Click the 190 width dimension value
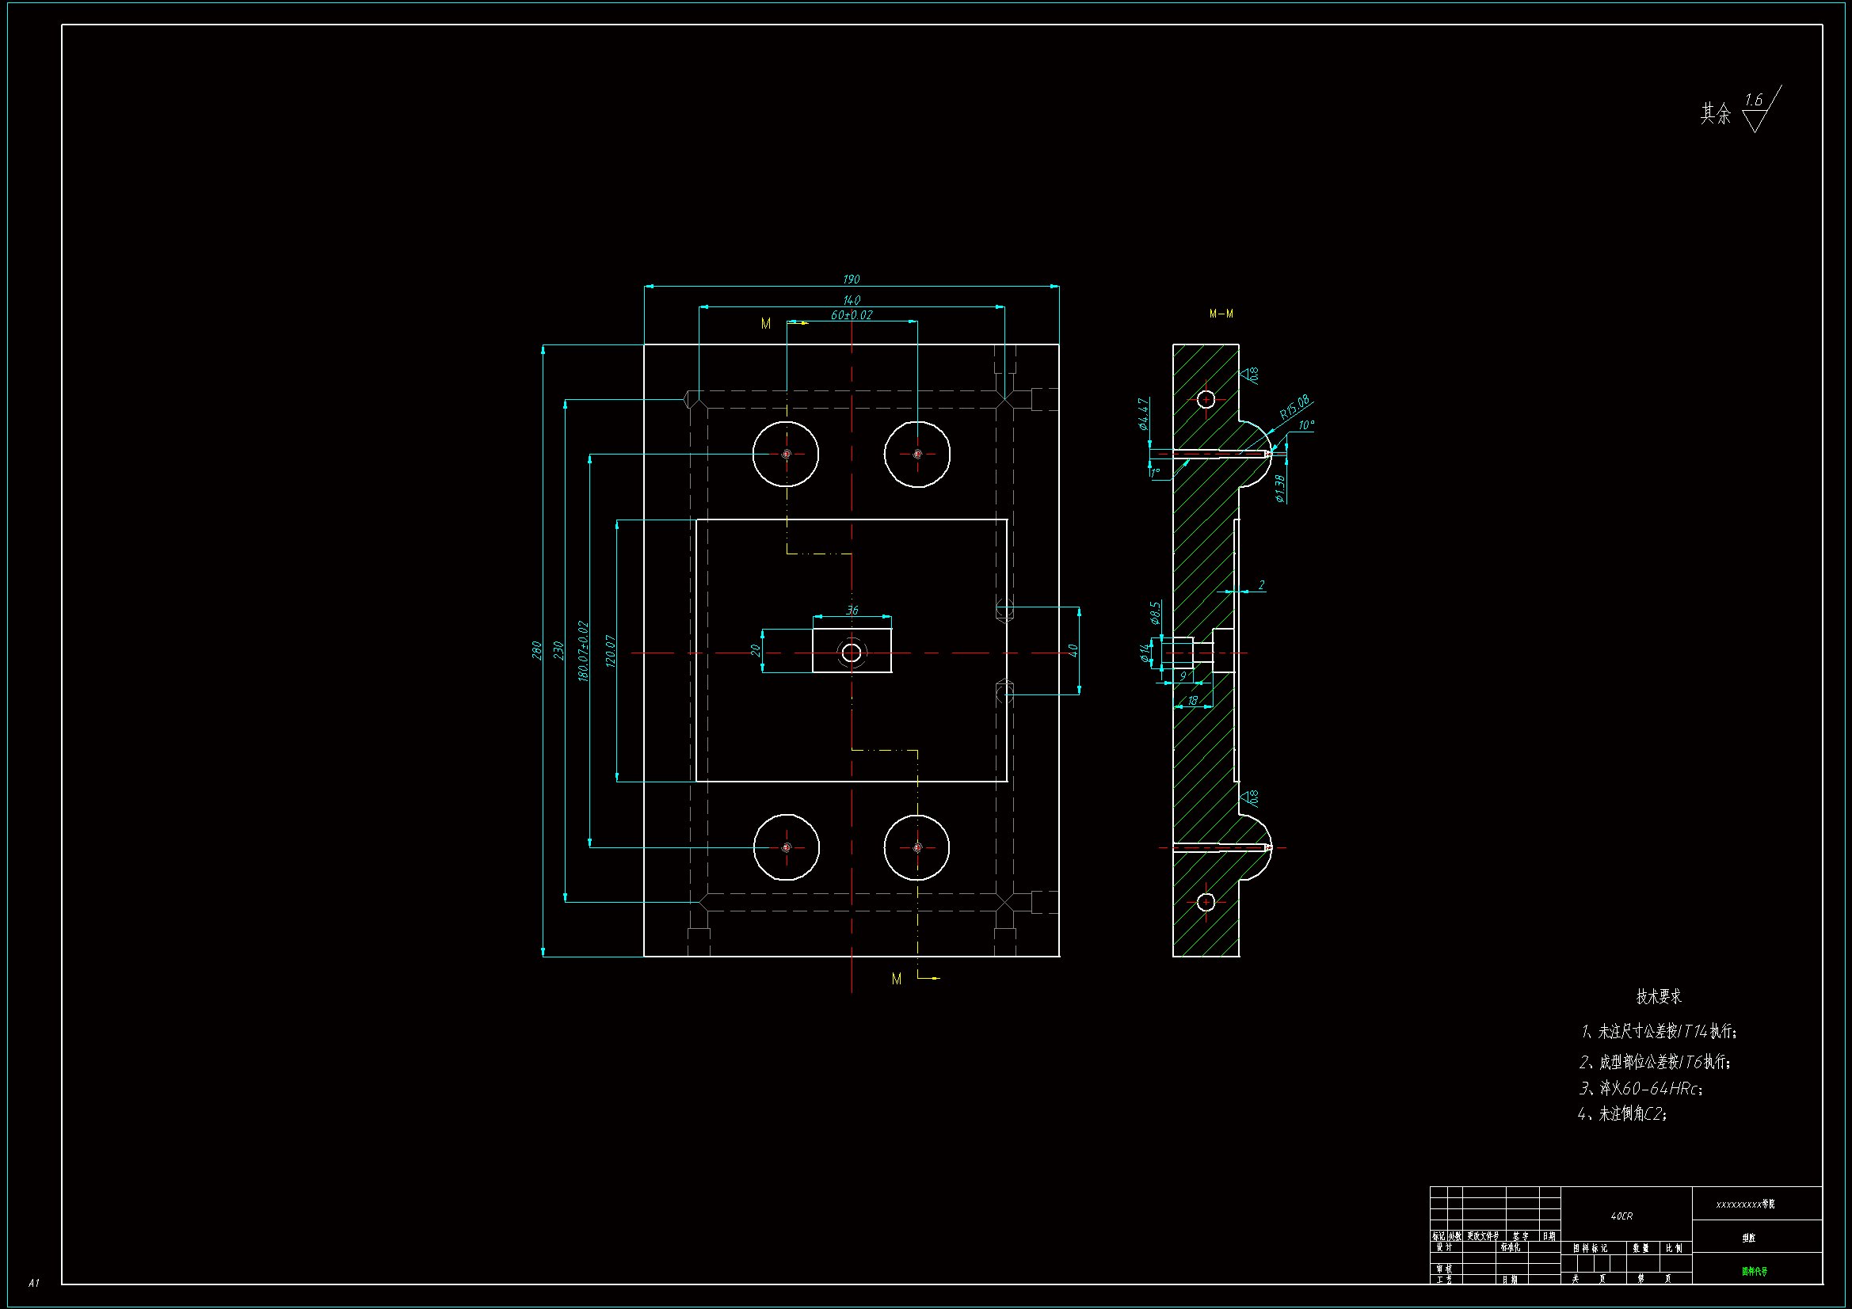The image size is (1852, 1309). coord(851,279)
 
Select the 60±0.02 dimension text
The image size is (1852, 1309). coord(851,314)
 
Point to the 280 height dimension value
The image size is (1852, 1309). coord(536,650)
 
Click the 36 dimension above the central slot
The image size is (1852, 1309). coord(852,611)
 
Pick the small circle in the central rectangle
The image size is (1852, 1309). coord(851,653)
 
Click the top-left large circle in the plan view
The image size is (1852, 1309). coord(786,454)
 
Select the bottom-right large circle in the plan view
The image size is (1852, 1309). coord(916,847)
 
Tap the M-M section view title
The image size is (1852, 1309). coord(1221,314)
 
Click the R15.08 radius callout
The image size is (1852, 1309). coord(1294,407)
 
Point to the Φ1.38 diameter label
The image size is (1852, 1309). coord(1279,488)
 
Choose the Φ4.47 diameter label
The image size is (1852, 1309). coord(1143,413)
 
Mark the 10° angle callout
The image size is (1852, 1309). coord(1306,425)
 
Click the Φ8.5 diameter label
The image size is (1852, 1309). coord(1155,612)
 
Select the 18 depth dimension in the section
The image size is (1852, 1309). coord(1192,701)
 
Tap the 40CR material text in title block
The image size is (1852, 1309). coord(1621,1216)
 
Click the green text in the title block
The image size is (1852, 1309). coord(1754,1271)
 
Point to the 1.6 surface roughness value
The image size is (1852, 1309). coord(1753,100)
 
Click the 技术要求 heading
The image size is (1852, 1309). coord(1659,996)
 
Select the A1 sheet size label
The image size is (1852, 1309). coord(33,1282)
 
